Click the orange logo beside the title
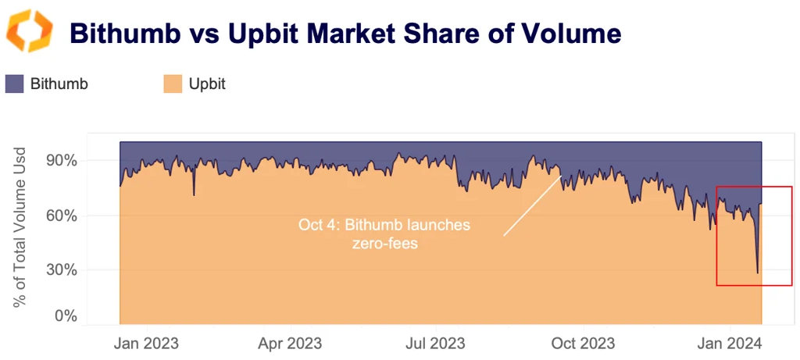[x=30, y=32]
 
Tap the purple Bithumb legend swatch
[x=15, y=84]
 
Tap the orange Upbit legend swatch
[x=173, y=84]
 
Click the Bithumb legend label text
[x=59, y=84]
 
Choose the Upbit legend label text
[x=207, y=84]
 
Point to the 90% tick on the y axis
[x=59, y=161]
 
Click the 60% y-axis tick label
[x=59, y=216]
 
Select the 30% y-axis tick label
[x=59, y=270]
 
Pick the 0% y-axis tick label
[x=63, y=316]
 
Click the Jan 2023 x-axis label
[x=145, y=343]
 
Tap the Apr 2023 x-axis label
[x=290, y=343]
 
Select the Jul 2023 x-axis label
[x=436, y=343]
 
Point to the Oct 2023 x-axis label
[x=583, y=343]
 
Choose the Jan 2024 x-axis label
[x=730, y=343]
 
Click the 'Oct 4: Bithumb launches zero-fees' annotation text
[x=384, y=233]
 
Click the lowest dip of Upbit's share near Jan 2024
[x=757, y=273]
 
